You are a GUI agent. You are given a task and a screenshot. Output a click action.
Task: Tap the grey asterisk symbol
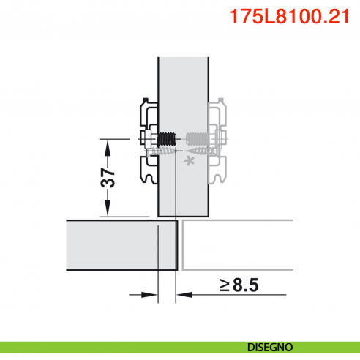[192, 160]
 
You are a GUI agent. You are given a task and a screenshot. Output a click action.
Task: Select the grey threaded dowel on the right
[197, 138]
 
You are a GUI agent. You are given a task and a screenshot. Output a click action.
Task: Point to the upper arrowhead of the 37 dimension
[108, 146]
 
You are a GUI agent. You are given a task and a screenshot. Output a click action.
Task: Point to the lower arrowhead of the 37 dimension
[108, 210]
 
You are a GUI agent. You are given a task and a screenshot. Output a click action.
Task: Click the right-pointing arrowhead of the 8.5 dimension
[152, 296]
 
